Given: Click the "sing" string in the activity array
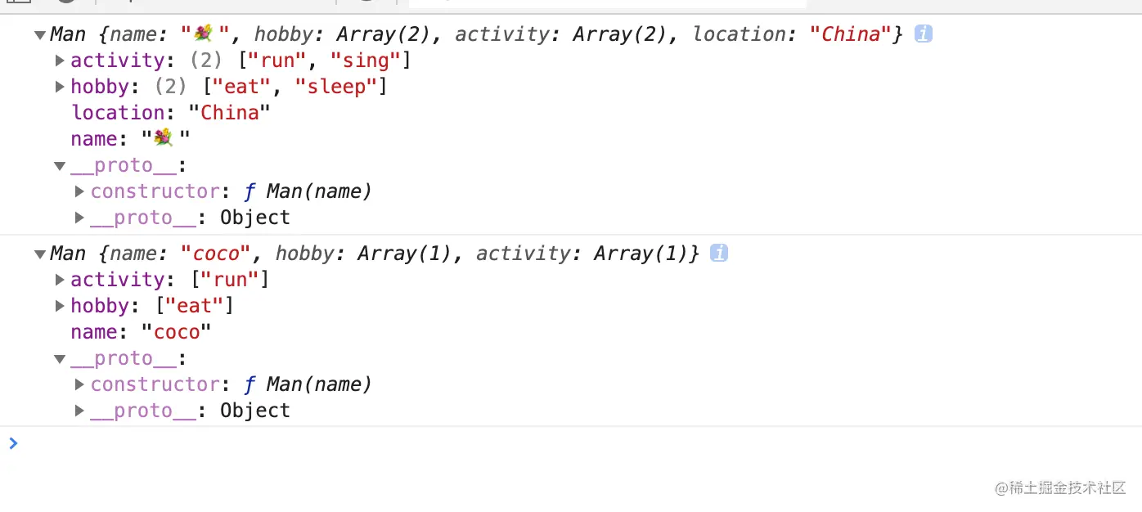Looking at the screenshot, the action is pyautogui.click(x=367, y=61).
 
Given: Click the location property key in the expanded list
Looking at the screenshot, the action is pyautogui.click(x=118, y=113).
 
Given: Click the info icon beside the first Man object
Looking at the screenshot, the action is pyautogui.click(x=924, y=34).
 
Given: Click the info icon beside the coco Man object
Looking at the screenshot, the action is pyautogui.click(x=719, y=254).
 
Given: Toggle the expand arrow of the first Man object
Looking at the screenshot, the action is pyautogui.click(x=39, y=35).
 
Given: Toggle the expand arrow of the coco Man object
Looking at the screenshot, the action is pyautogui.click(x=39, y=254).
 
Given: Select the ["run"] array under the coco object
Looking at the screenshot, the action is pyautogui.click(x=230, y=280).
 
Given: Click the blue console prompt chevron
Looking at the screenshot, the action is pyautogui.click(x=13, y=443).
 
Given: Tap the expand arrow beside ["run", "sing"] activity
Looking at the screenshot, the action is pyautogui.click(x=60, y=61).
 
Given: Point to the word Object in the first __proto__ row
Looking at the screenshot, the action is pyautogui.click(x=255, y=218).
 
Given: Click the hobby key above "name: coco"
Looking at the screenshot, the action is pyautogui.click(x=99, y=306).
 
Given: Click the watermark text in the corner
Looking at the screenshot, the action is pyautogui.click(x=1060, y=487).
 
